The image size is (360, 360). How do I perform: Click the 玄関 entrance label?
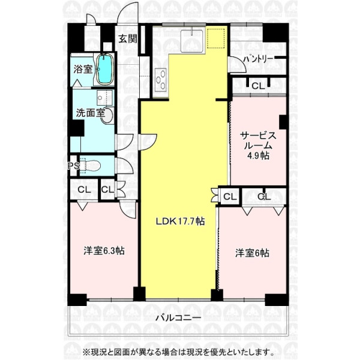pos(128,39)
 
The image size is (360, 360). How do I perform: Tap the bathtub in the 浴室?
pos(104,69)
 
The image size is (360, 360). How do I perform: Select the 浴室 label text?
pos(83,69)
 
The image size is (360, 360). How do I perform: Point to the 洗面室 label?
pos(91,113)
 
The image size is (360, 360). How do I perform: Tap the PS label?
pos(73,166)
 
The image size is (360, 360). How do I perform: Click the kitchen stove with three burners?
pos(161,79)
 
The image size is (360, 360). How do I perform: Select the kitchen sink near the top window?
pos(192,41)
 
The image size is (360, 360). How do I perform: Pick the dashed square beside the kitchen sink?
pos(215,38)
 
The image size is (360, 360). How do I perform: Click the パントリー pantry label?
pos(258,59)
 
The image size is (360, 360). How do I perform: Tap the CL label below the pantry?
pos(258,86)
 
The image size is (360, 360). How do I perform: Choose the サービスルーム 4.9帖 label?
pos(258,146)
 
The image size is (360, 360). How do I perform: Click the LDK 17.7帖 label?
pos(180,221)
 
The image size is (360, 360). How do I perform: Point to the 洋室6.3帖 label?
pos(104,250)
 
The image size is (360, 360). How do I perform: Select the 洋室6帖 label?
pos(252,253)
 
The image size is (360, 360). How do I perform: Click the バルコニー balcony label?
pos(178,318)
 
